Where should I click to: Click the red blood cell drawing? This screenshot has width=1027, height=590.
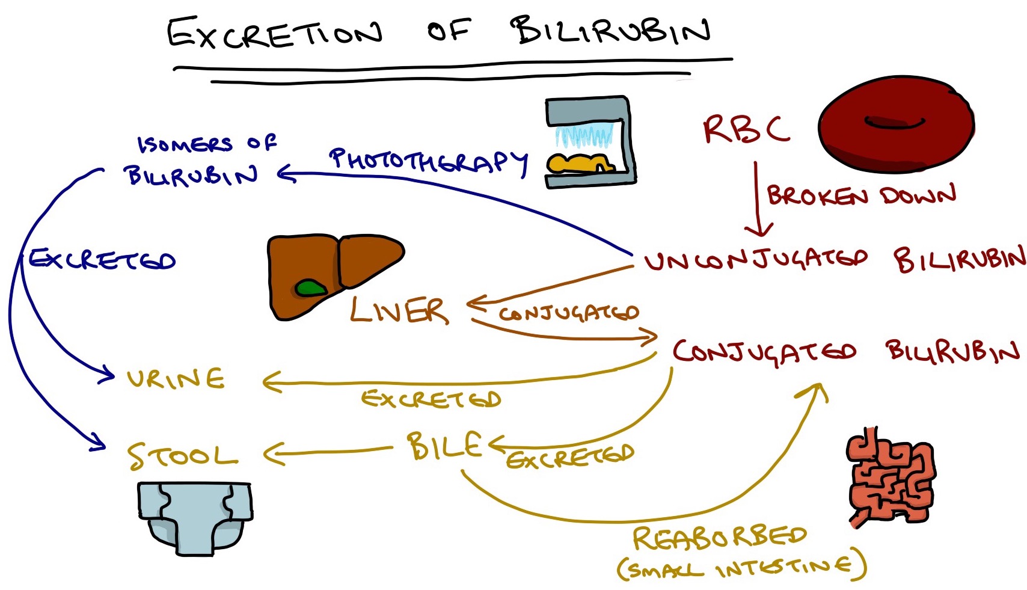coord(895,125)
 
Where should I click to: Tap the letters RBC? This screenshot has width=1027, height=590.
coord(746,129)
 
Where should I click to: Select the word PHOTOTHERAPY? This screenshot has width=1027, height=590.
coord(428,161)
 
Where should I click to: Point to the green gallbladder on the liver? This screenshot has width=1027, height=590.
coord(311,288)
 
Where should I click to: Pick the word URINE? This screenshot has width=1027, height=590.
coord(176,379)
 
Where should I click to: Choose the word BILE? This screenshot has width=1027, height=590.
coord(444,446)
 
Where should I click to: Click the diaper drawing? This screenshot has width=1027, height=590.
coord(194,516)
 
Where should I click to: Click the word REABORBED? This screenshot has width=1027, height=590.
coord(719,537)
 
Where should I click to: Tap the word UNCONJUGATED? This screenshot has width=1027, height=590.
coord(755,260)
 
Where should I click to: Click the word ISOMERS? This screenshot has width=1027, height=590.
coord(185,144)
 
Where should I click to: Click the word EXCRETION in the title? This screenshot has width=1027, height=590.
coord(274,34)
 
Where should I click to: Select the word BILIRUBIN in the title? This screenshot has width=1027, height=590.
coord(610,30)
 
